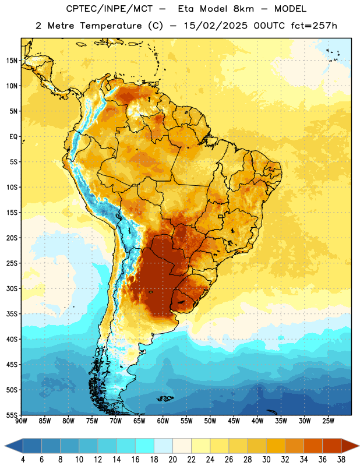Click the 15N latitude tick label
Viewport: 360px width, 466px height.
pyautogui.click(x=12, y=61)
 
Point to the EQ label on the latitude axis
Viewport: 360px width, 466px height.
pyautogui.click(x=13, y=137)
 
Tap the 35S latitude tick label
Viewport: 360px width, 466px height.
pyautogui.click(x=12, y=314)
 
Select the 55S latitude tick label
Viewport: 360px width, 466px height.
pyautogui.click(x=12, y=415)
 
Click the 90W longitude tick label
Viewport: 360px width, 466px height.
pyautogui.click(x=22, y=421)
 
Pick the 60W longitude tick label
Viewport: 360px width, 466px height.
pyautogui.click(x=163, y=421)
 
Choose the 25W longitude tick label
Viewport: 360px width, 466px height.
pyautogui.click(x=328, y=421)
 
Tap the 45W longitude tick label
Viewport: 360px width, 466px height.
pyautogui.click(x=234, y=421)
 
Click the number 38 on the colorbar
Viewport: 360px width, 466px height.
pyautogui.click(x=341, y=460)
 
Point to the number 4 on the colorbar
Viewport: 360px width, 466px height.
pyautogui.click(x=23, y=460)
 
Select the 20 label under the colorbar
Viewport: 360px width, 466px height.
pyautogui.click(x=172, y=460)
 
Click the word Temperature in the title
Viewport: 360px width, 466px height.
pyautogui.click(x=111, y=26)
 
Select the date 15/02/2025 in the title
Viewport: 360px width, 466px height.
pyautogui.click(x=215, y=26)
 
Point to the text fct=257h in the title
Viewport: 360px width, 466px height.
pyautogui.click(x=314, y=26)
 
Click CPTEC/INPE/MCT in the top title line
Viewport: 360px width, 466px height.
pyautogui.click(x=109, y=9)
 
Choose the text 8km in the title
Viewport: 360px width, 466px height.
pyautogui.click(x=243, y=9)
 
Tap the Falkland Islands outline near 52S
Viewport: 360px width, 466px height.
pyautogui.click(x=165, y=398)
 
